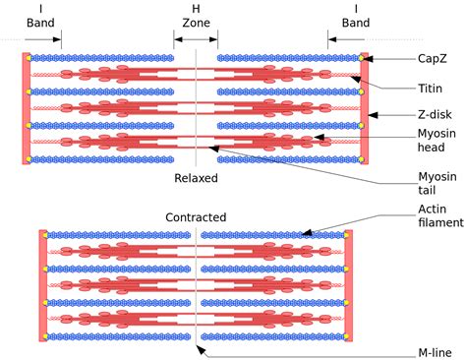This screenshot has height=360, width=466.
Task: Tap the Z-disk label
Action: point(433,115)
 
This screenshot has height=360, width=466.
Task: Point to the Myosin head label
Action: point(434,144)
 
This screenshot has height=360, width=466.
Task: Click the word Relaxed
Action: point(196,178)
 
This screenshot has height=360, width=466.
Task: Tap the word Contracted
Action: point(196,217)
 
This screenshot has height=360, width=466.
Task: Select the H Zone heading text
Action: point(196,15)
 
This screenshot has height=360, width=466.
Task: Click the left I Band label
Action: point(41,15)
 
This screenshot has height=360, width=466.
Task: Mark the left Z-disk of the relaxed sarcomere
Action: point(27,107)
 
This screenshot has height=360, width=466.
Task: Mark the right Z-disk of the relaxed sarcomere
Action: point(364,107)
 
